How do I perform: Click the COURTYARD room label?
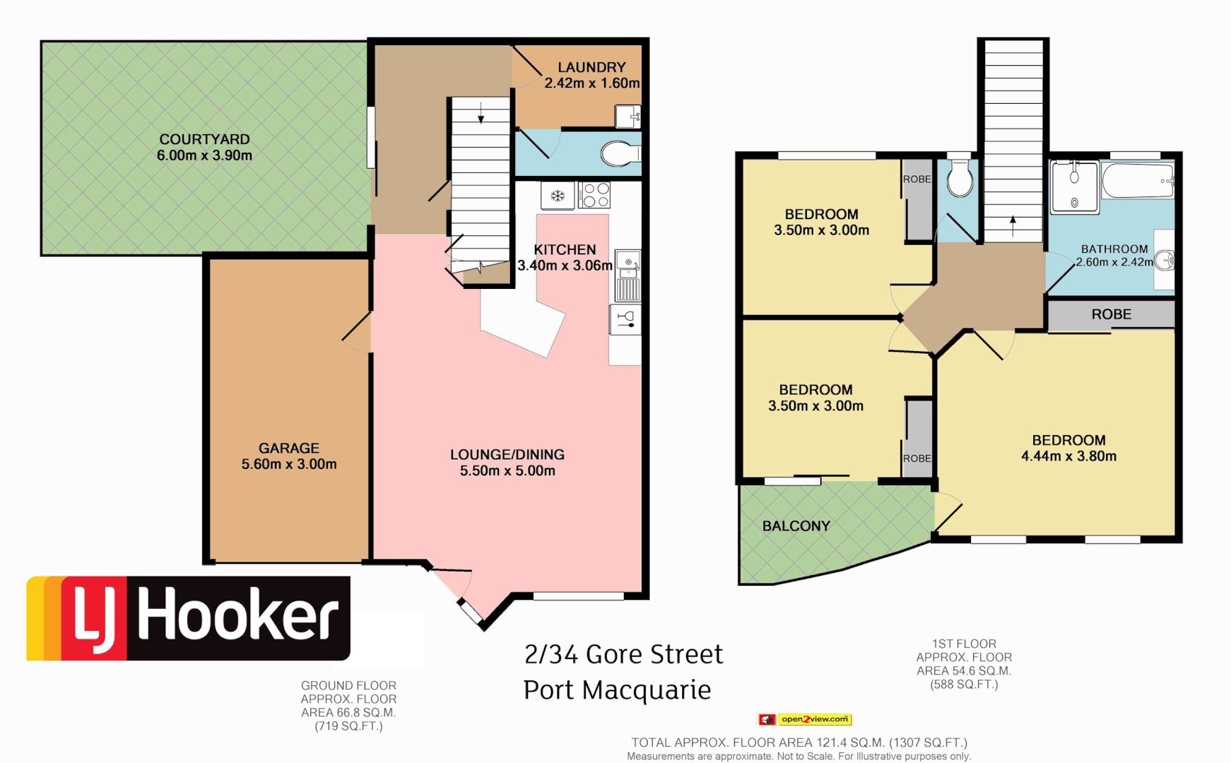[x=204, y=139]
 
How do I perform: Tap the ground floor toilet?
[x=620, y=153]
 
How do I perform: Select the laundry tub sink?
[x=627, y=116]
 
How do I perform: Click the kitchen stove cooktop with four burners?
[x=595, y=195]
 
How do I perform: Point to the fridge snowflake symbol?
[x=558, y=196]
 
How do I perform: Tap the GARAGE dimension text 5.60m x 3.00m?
[x=289, y=464]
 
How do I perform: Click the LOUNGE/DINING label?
[x=507, y=454]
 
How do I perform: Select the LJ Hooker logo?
[x=189, y=618]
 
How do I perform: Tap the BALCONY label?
[x=796, y=526]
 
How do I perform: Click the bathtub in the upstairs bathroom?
[x=1137, y=181]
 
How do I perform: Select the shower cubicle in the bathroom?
[x=1074, y=187]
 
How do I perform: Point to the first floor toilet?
[x=960, y=178]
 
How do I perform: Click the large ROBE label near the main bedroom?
[x=1111, y=314]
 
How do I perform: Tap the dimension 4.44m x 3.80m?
[x=1068, y=456]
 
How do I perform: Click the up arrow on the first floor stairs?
[x=1013, y=225]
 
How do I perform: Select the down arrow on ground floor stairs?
[x=481, y=113]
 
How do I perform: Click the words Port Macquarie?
[x=617, y=690]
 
